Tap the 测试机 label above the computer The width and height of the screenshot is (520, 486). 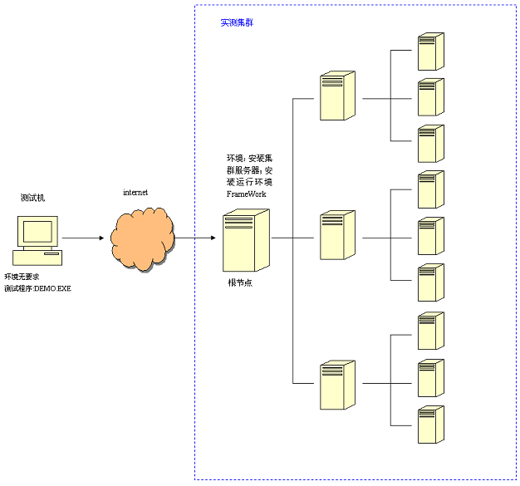pyautogui.click(x=33, y=198)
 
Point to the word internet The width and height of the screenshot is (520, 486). pyautogui.click(x=135, y=192)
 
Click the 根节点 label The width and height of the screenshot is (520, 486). pyautogui.click(x=241, y=282)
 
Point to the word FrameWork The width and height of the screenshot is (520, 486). pyautogui.click(x=247, y=193)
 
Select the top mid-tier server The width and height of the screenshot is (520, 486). pyautogui.click(x=337, y=96)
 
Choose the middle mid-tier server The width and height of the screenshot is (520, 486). pyautogui.click(x=337, y=236)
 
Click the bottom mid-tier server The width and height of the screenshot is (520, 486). pyautogui.click(x=337, y=385)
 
